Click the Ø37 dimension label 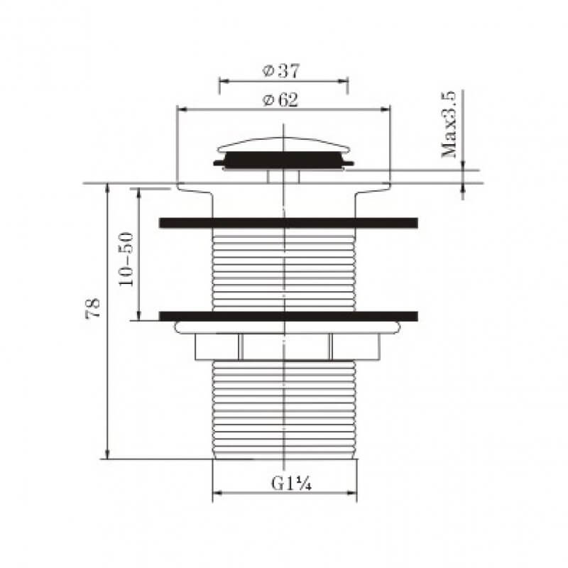[x=282, y=70]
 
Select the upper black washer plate [x=288, y=223]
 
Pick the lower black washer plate [x=288, y=315]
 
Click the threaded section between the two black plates [x=284, y=270]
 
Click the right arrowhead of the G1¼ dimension [x=353, y=493]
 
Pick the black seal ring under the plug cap [x=284, y=164]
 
